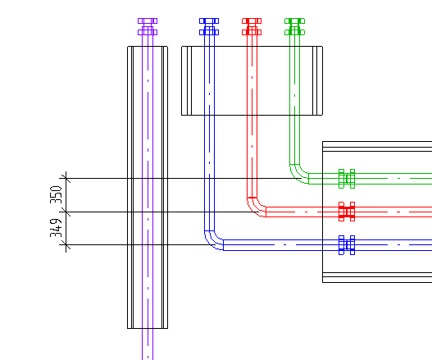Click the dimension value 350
(x=57, y=194)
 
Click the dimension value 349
(x=57, y=228)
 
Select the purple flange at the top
(x=148, y=27)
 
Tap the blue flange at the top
(x=209, y=27)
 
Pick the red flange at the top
(x=252, y=27)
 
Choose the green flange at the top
(x=294, y=27)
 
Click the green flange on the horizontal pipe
(x=347, y=179)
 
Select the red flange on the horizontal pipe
(x=347, y=212)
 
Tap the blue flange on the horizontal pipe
(x=347, y=245)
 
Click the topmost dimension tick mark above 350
(x=66, y=178)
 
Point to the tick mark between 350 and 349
(x=66, y=212)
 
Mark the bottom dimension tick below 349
(x=66, y=244)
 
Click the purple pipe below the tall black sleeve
(x=148, y=344)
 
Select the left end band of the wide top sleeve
(x=187, y=80)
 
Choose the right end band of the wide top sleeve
(x=318, y=80)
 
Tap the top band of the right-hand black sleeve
(x=377, y=146)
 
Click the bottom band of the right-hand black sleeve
(x=377, y=277)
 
